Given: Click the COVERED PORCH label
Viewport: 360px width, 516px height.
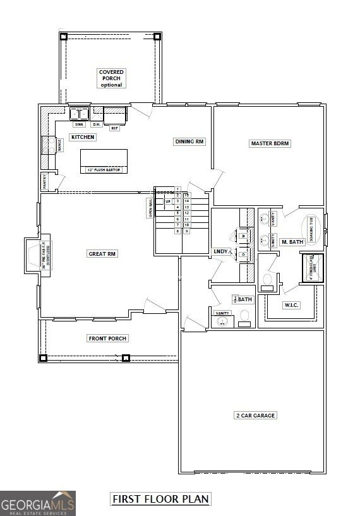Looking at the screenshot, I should click(x=111, y=78).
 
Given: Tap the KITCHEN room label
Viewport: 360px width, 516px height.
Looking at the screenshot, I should click(x=83, y=137).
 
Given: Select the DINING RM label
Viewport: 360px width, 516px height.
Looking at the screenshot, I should click(x=189, y=141).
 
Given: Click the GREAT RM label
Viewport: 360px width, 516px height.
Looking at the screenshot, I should click(x=103, y=254).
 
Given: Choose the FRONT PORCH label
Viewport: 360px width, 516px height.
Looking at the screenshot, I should click(x=107, y=339).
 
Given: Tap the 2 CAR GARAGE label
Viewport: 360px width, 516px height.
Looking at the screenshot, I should click(x=256, y=416).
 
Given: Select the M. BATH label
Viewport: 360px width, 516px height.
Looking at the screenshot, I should click(x=292, y=242).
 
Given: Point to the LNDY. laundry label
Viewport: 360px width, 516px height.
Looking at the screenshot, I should click(x=221, y=251).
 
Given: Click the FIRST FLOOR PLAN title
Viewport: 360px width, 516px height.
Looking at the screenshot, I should click(x=160, y=499).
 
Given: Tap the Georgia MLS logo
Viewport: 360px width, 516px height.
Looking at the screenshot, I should click(x=38, y=503).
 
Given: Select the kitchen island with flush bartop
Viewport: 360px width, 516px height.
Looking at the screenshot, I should click(x=104, y=160).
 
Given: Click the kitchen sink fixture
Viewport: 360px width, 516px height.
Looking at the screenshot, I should click(x=79, y=114).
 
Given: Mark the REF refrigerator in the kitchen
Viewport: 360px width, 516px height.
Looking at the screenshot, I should click(x=114, y=116).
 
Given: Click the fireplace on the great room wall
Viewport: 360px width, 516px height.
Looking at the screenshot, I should click(x=33, y=255).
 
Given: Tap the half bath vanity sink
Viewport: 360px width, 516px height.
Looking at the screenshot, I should click(x=222, y=322).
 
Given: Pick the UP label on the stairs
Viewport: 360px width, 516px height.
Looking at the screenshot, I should click(x=168, y=201).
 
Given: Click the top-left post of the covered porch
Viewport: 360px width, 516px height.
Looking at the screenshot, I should click(x=63, y=37).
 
